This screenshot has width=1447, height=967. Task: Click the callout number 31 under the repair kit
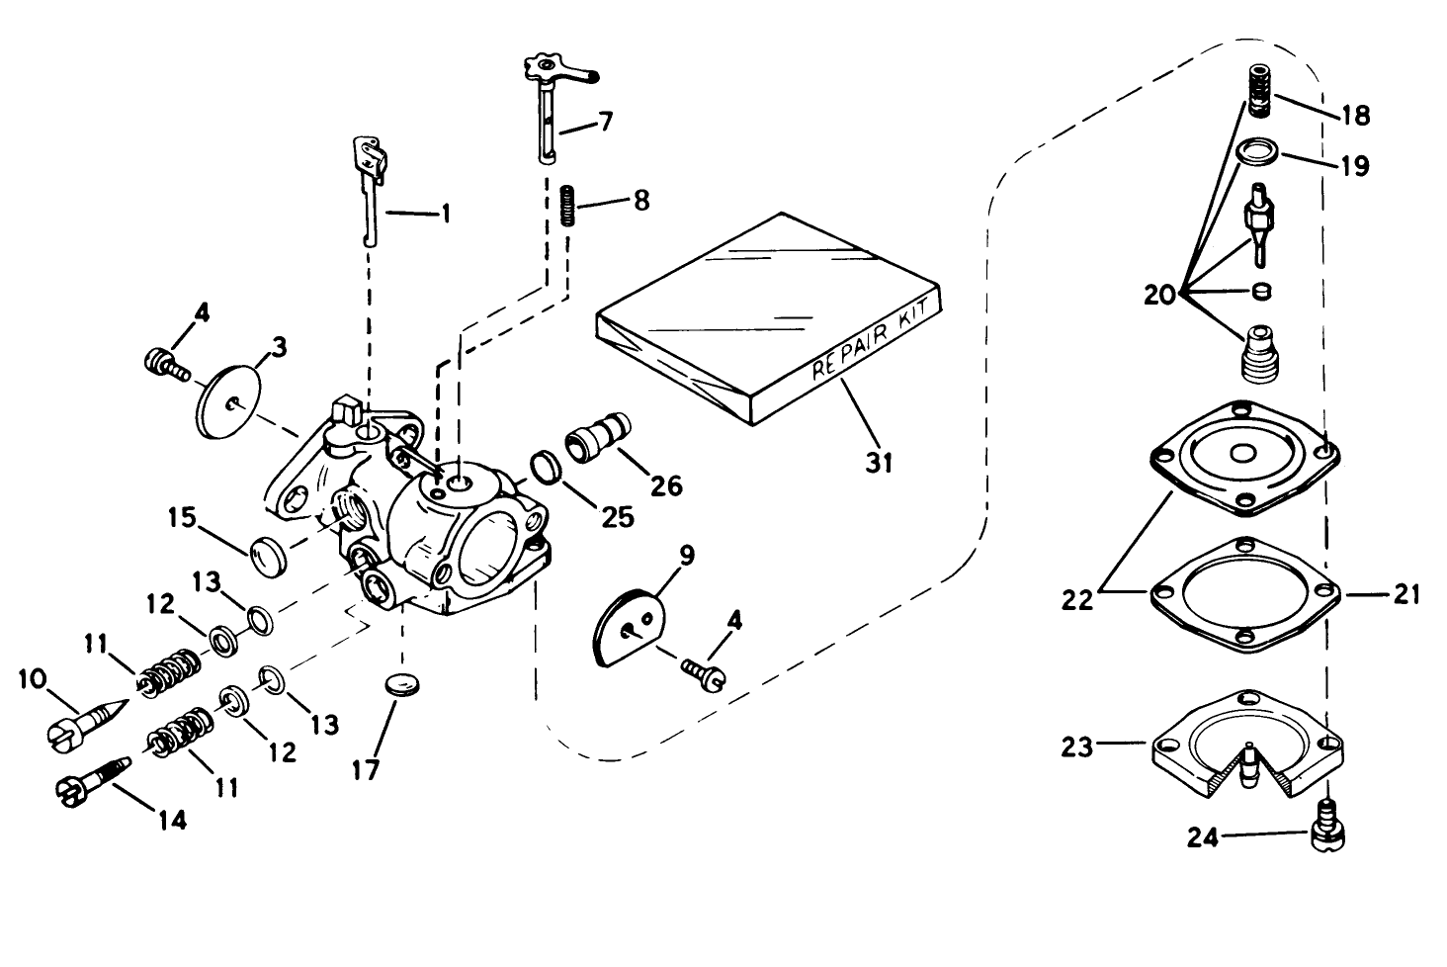click(880, 461)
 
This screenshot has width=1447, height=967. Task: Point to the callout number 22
click(1078, 598)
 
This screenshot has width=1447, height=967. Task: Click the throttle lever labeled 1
click(367, 188)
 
